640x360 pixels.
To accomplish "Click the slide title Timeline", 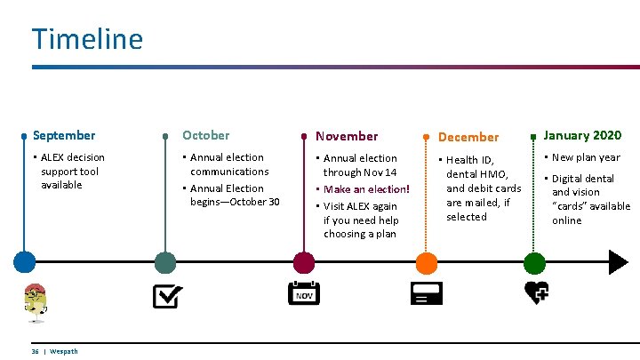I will pos(87,39).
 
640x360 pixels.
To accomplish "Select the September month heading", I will pos(64,135).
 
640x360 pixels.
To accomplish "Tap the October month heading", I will pos(205,135).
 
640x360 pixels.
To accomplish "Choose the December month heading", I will pos(468,137).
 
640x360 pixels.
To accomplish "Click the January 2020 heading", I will pos(582,135).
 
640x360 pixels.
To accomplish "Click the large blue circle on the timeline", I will pos(24,262).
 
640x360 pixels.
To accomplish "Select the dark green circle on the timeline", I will pos(165,262).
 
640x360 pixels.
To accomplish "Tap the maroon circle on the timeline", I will pos(304,262).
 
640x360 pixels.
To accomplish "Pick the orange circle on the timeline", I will pos(427,262).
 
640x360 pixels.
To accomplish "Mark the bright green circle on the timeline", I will pos(534,262).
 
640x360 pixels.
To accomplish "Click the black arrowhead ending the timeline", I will pos(618,262).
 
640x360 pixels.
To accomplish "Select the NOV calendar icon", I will pos(304,294).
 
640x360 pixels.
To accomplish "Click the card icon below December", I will pos(426,294).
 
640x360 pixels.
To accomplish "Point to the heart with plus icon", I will pos(536,292).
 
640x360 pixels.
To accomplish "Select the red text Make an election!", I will pos(366,189).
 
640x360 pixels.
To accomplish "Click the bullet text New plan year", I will pos(587,158).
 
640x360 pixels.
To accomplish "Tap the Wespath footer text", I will pos(63,351).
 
